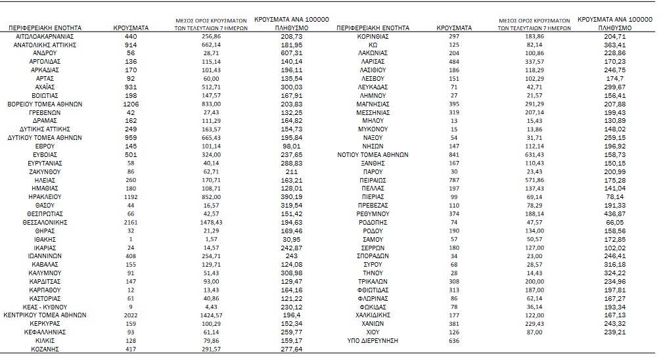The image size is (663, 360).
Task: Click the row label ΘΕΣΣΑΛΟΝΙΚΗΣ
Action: point(45,223)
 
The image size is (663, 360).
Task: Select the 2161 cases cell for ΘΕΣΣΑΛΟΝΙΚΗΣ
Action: point(130,223)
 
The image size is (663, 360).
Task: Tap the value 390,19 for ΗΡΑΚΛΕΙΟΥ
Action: point(290,197)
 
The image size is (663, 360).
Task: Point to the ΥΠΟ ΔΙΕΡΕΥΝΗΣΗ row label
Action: point(373,341)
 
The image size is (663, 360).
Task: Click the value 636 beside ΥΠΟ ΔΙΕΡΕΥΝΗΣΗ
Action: point(453,341)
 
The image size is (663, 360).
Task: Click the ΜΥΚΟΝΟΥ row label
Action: point(373,129)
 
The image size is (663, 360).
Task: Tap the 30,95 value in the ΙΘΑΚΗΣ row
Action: point(290,240)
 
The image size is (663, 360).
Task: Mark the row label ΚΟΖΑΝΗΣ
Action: point(45,349)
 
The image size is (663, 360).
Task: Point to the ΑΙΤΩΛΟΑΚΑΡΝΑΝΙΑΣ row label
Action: point(45,36)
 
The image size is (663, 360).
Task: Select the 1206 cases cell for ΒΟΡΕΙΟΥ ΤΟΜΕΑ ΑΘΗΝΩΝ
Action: point(130,104)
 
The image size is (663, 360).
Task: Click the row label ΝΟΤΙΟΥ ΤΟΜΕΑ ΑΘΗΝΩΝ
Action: point(373,155)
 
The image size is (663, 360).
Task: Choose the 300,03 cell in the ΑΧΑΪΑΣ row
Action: point(290,87)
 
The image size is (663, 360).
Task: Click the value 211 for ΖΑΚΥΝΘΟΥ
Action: point(290,171)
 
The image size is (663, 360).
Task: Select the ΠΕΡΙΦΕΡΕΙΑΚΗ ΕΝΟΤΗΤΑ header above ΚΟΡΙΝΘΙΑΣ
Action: point(373,28)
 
